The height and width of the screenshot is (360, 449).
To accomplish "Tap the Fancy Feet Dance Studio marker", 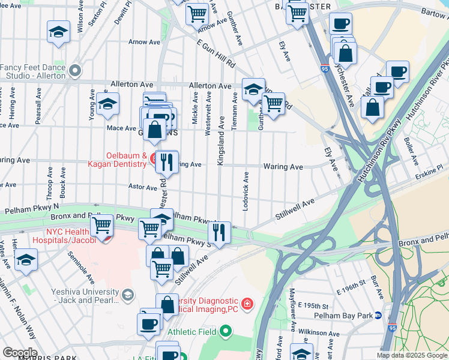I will click(75, 71).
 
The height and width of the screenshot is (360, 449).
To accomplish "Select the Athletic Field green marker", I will click(226, 331).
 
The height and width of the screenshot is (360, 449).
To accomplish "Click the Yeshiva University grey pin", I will click(127, 295).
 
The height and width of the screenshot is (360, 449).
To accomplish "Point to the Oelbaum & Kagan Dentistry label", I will click(118, 160).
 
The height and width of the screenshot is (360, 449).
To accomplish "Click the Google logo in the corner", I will click(19, 353).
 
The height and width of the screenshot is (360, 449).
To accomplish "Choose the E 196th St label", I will click(351, 290).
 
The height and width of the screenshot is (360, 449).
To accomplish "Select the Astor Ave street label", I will click(143, 188).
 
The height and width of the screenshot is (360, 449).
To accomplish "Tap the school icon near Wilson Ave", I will click(58, 32).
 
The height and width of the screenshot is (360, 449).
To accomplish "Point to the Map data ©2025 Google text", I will click(411, 355).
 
